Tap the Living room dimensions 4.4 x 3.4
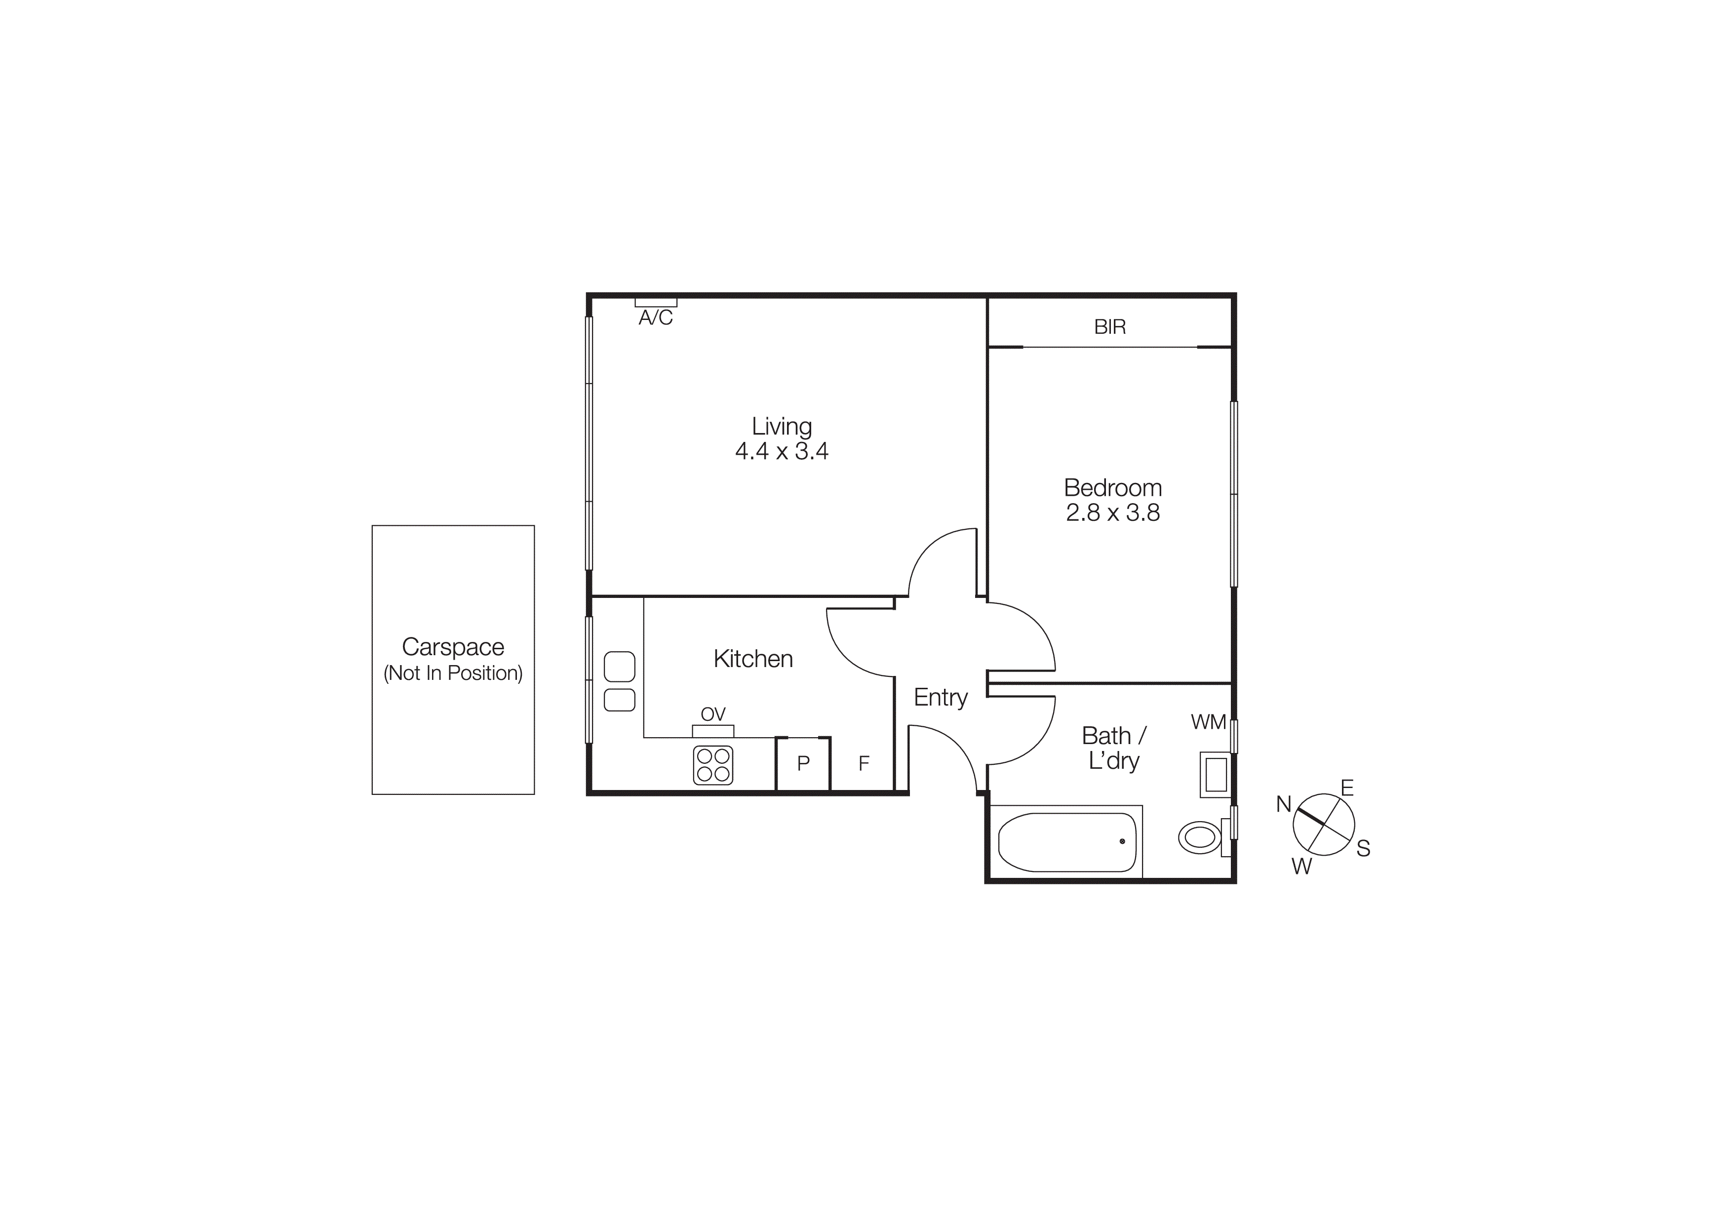tap(782, 451)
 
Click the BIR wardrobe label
tap(1110, 326)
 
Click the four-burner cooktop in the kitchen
tap(713, 765)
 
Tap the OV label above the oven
tap(713, 714)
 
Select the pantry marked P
tap(803, 763)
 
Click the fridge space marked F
tap(864, 763)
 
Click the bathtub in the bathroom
tap(1066, 842)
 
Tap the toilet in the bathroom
tap(1199, 837)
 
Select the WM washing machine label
tap(1208, 722)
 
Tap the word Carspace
tap(453, 647)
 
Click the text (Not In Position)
tap(453, 672)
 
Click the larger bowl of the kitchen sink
tap(619, 667)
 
